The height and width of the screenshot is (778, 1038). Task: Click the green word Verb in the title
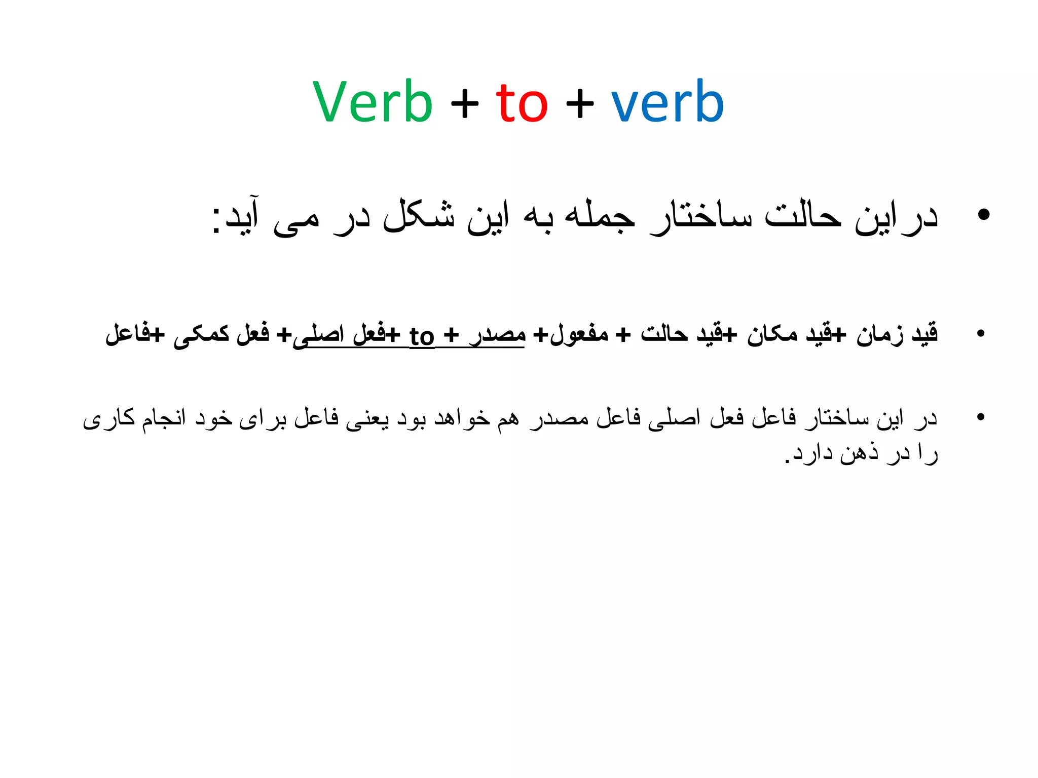coord(373,102)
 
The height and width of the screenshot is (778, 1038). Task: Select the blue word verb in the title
coord(667,102)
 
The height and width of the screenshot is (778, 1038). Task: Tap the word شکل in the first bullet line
coord(419,217)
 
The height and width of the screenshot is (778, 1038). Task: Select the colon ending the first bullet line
coord(216,219)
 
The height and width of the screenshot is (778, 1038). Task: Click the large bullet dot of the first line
coord(983,215)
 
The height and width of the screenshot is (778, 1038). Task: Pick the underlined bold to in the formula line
coord(422,336)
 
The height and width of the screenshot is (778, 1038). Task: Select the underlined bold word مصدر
coord(498,335)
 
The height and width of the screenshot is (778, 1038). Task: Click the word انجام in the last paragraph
coord(164,419)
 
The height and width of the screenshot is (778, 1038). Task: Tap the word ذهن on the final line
coord(859,452)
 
